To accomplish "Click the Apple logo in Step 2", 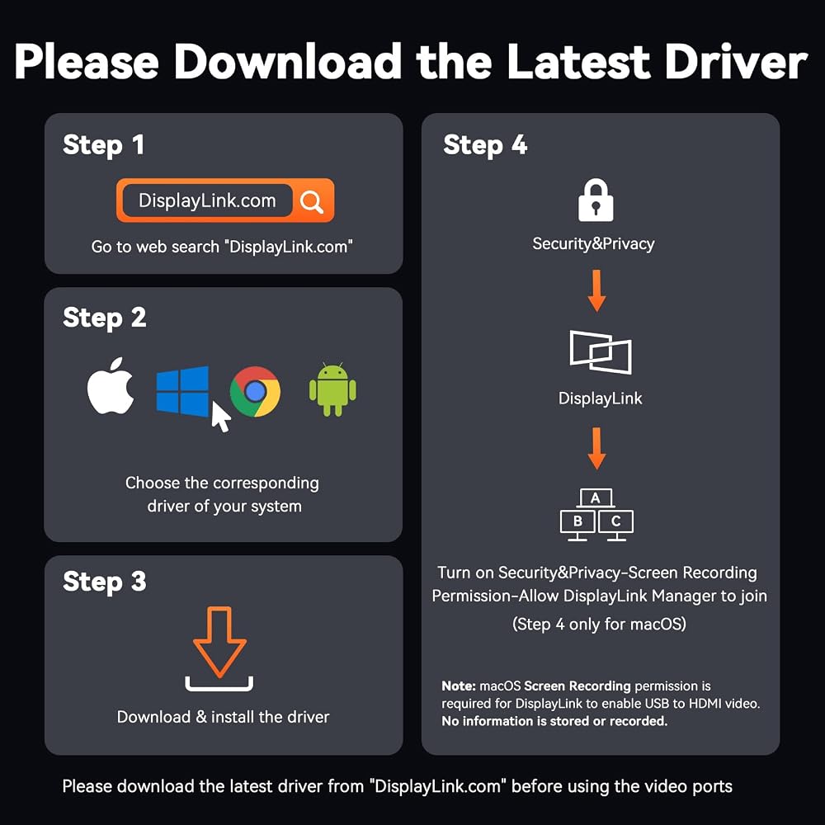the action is pyautogui.click(x=111, y=387).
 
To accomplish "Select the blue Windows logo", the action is pyautogui.click(x=182, y=391).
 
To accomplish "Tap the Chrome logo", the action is pyautogui.click(x=255, y=391).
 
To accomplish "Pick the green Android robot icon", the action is pyautogui.click(x=332, y=389).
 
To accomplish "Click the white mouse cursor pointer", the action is pyautogui.click(x=220, y=417).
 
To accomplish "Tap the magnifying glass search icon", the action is pyautogui.click(x=312, y=201).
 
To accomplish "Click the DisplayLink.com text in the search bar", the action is pyautogui.click(x=207, y=200).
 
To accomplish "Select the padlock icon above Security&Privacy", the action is pyautogui.click(x=596, y=200).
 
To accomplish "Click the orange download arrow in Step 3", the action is pyautogui.click(x=219, y=642).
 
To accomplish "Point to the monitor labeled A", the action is pyautogui.click(x=596, y=497).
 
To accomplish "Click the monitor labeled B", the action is pyautogui.click(x=577, y=525).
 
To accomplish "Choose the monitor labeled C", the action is pyautogui.click(x=616, y=525).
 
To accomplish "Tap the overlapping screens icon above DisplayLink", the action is pyautogui.click(x=601, y=352).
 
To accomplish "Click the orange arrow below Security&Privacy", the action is pyautogui.click(x=596, y=290).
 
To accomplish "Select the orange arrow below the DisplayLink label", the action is pyautogui.click(x=596, y=448).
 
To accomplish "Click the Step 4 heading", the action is pyautogui.click(x=485, y=145).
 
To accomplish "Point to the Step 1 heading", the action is pyautogui.click(x=103, y=145).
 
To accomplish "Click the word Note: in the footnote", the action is pyautogui.click(x=458, y=686).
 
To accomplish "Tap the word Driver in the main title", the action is pyautogui.click(x=736, y=62).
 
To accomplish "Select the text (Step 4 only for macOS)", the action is pyautogui.click(x=599, y=625).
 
